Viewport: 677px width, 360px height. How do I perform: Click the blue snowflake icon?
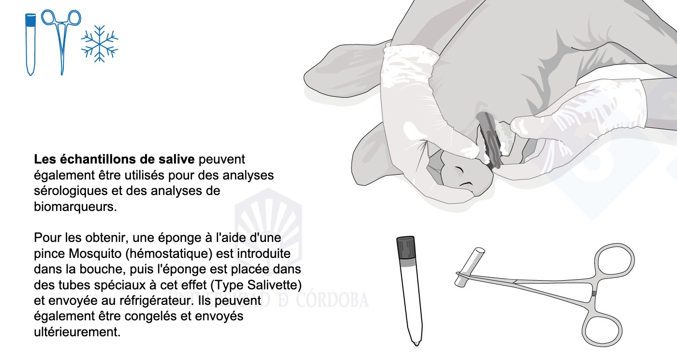100,44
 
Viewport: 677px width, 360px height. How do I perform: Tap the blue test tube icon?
30,44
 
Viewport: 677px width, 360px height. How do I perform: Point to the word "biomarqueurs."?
75,207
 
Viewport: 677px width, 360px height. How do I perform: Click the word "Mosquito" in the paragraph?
95,254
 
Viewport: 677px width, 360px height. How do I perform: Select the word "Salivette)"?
275,285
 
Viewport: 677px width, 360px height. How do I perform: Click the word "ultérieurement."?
77,332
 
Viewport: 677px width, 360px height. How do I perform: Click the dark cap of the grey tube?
406,247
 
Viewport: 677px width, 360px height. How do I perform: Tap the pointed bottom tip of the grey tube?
416,344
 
